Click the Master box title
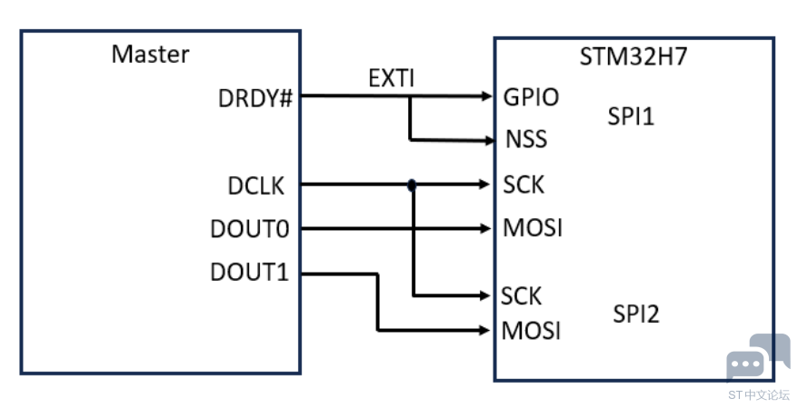coord(150,54)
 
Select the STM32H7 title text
coord(633,56)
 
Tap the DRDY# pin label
coord(255,98)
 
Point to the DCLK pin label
coord(256,186)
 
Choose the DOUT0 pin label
coord(250,229)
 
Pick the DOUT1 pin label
coord(249,272)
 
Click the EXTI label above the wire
coord(392,78)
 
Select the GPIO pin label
coord(531,97)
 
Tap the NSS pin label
coord(526,139)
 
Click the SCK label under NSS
coord(524,185)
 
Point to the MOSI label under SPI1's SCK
coord(533,227)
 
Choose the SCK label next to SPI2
coord(521,296)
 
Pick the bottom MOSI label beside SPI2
coord(531,331)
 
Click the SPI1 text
coord(631,116)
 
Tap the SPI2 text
coord(636,314)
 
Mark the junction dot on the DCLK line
coord(412,185)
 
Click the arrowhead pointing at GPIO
coord(486,95)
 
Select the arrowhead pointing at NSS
coord(489,140)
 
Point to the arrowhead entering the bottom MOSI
coord(484,331)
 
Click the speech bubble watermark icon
coord(758,356)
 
